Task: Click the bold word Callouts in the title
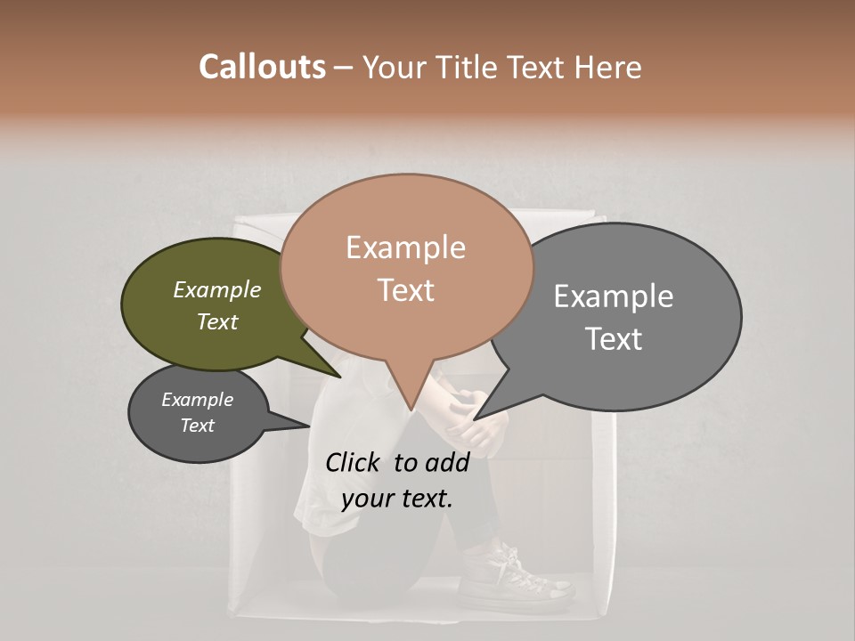click(262, 67)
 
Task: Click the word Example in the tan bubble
click(406, 247)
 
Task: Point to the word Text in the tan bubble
click(406, 290)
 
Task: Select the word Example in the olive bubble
click(217, 290)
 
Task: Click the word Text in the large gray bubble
click(614, 339)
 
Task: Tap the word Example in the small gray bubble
click(198, 400)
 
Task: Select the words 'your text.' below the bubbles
click(397, 499)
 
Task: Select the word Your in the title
click(395, 67)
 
